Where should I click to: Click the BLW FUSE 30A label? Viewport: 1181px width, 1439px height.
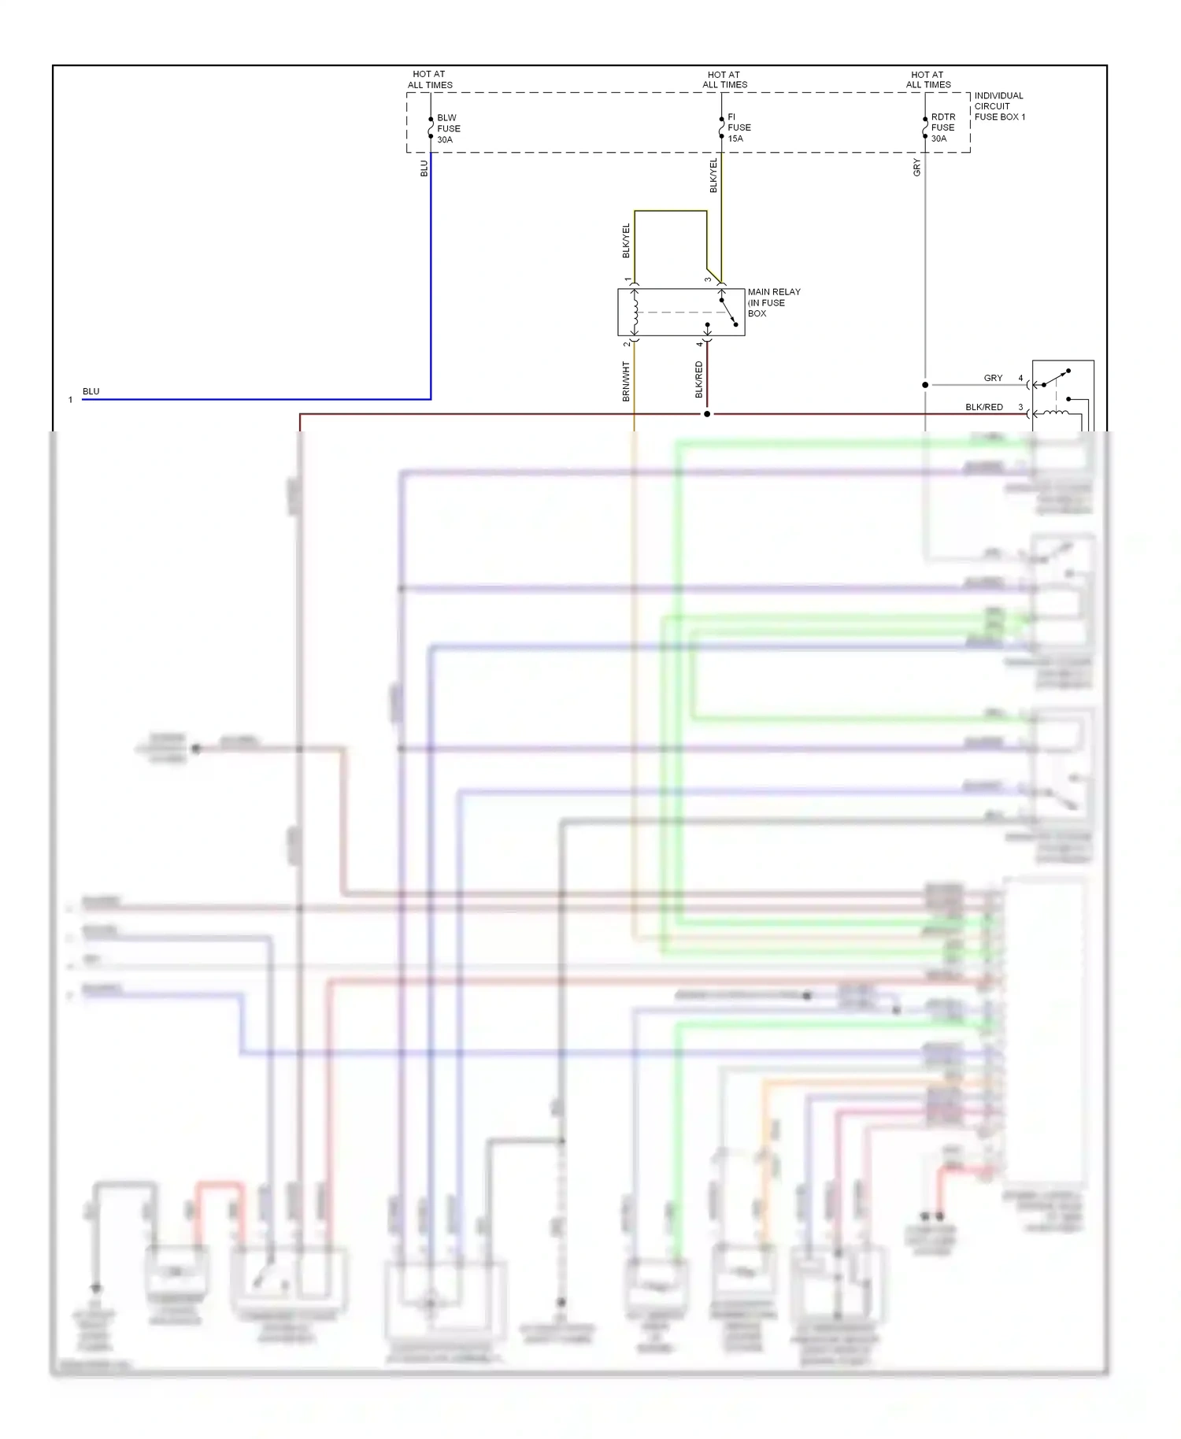448,128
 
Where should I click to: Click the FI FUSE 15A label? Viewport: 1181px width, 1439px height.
738,128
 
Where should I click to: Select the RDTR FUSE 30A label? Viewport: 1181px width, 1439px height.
942,128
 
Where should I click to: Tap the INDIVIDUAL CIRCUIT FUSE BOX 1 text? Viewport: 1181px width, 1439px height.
998,106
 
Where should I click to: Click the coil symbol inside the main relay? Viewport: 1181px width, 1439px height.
635,312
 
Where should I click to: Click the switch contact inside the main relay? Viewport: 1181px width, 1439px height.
728,312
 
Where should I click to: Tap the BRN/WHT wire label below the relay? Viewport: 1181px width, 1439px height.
627,382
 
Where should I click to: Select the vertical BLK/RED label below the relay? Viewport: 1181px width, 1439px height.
699,379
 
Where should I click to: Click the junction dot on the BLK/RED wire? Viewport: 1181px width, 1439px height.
707,414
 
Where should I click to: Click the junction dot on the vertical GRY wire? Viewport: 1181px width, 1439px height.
925,385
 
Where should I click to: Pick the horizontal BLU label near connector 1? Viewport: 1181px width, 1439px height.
91,391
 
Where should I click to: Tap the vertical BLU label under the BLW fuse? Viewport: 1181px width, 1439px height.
424,168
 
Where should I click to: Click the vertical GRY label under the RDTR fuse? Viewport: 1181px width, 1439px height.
917,168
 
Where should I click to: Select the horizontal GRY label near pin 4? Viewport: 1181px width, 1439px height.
993,378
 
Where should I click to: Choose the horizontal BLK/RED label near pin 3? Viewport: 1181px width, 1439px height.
983,407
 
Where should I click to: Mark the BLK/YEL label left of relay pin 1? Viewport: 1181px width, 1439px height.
627,241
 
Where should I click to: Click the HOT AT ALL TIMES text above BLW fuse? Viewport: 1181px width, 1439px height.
430,80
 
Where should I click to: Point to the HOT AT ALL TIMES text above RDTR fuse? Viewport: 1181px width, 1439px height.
928,80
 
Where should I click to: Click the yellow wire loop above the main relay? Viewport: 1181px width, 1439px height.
670,211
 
